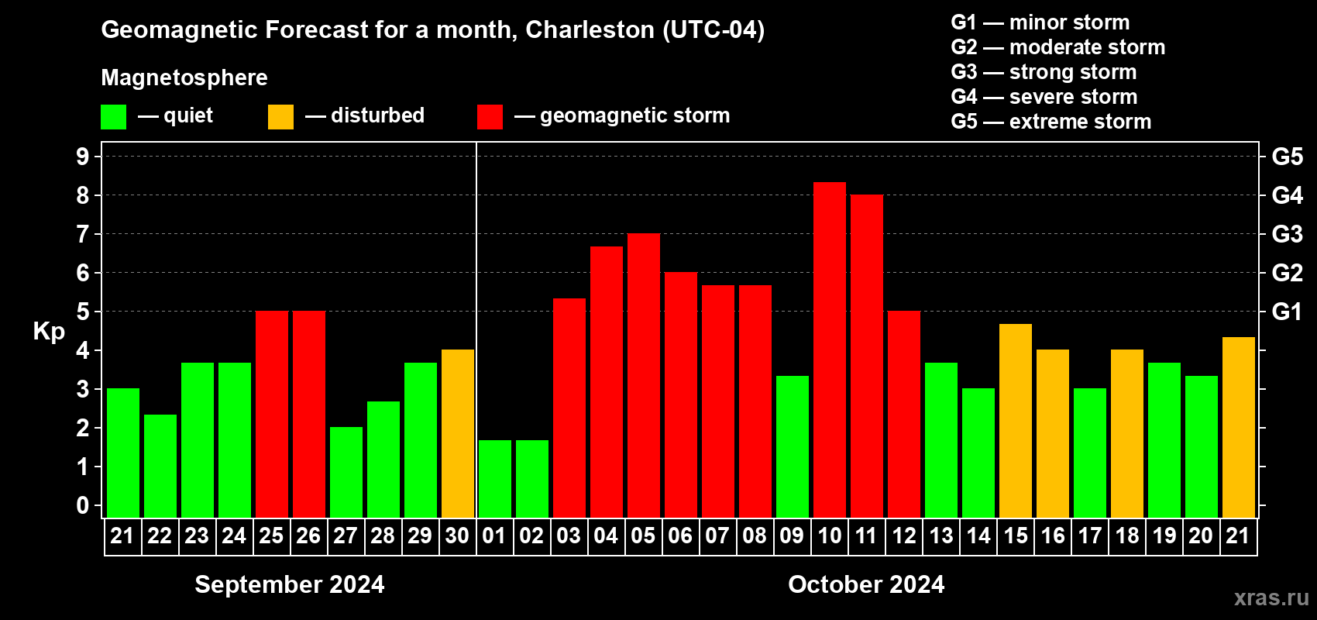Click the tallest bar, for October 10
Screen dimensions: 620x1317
pyautogui.click(x=829, y=349)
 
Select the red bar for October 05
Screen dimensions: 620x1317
pyautogui.click(x=643, y=376)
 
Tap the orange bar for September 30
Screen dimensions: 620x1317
pyautogui.click(x=457, y=434)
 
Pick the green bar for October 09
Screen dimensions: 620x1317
pyautogui.click(x=792, y=446)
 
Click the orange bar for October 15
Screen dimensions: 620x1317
pyautogui.click(x=1015, y=421)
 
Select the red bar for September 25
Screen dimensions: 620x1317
pyautogui.click(x=271, y=415)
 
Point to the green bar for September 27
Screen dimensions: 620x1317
pyautogui.click(x=346, y=472)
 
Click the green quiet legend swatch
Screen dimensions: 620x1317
pyautogui.click(x=113, y=117)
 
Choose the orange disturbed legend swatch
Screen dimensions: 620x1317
pyautogui.click(x=280, y=117)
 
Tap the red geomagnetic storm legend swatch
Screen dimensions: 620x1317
pyautogui.click(x=490, y=117)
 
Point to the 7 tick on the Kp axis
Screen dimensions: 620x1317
pyautogui.click(x=82, y=234)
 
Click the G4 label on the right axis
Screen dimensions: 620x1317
pyautogui.click(x=1287, y=195)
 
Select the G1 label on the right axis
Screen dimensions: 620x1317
pyautogui.click(x=1287, y=312)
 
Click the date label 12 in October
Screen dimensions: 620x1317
pyautogui.click(x=903, y=536)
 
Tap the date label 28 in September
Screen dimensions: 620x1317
pyautogui.click(x=383, y=536)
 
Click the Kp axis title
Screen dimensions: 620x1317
pyautogui.click(x=49, y=331)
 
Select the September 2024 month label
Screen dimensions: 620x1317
pyautogui.click(x=289, y=584)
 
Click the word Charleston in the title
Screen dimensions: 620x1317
pyautogui.click(x=590, y=29)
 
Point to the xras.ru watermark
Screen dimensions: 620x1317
pyautogui.click(x=1271, y=598)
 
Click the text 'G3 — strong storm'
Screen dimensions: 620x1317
pyautogui.click(x=1044, y=72)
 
